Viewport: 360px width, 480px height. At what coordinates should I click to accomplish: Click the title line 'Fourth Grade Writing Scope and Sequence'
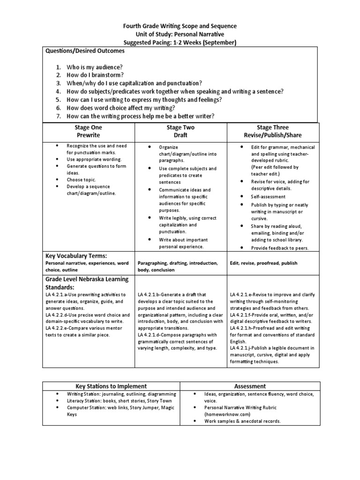click(180, 26)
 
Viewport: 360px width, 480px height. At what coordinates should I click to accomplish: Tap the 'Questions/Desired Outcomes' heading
click(85, 51)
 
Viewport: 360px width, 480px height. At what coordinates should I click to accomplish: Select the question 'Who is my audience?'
click(95, 67)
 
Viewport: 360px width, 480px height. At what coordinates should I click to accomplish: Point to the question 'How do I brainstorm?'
click(95, 75)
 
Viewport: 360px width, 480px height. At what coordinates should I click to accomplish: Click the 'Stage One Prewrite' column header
click(88, 131)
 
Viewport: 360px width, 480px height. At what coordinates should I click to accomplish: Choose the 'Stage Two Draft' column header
click(180, 131)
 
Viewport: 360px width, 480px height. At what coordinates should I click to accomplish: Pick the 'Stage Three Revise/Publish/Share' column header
click(273, 131)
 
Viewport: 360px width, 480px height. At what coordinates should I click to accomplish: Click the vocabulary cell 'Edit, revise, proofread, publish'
click(263, 263)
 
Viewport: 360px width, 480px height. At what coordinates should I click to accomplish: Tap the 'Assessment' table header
click(251, 386)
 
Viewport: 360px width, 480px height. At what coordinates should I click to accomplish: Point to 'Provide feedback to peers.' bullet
click(279, 248)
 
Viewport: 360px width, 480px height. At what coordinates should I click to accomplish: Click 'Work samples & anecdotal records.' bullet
click(242, 421)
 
